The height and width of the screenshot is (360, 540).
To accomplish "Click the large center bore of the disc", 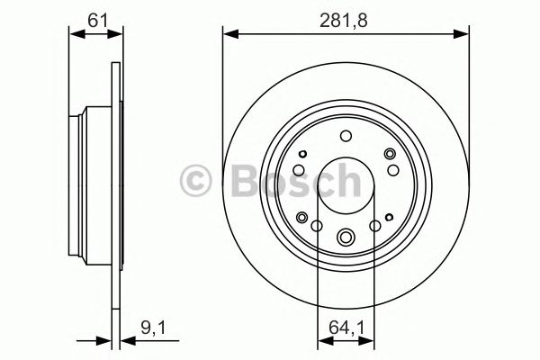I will (346, 184).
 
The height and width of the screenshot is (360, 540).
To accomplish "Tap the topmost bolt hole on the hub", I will (346, 136).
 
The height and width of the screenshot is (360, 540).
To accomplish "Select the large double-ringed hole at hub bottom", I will (346, 238).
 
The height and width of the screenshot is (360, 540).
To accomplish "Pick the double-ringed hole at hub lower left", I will (301, 215).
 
